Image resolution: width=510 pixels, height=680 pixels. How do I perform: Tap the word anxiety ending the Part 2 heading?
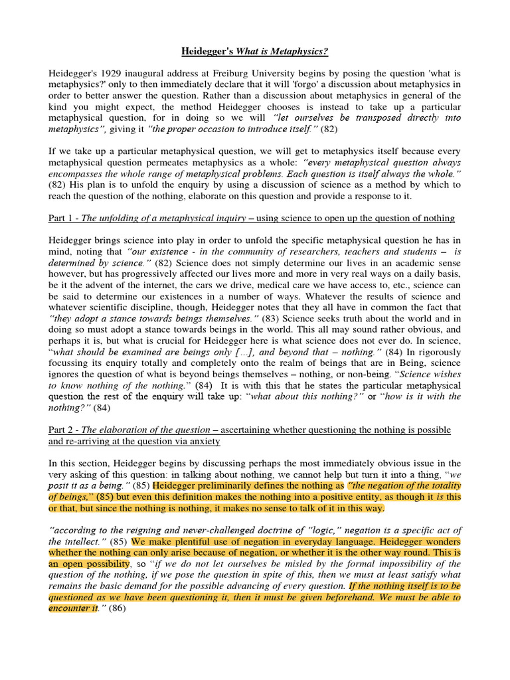pos(204,441)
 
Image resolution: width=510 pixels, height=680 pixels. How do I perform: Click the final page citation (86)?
pos(117,608)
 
